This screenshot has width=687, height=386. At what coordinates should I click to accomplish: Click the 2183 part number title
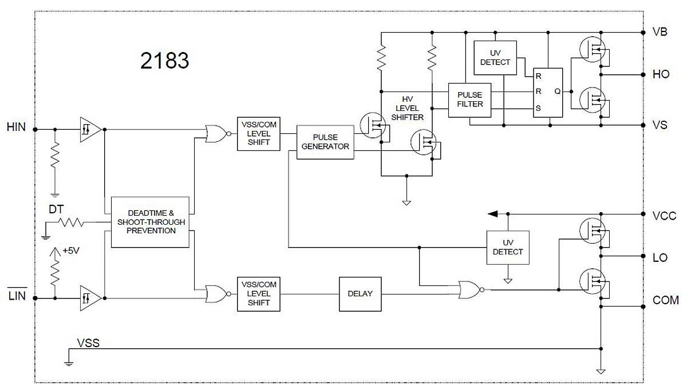[x=164, y=61]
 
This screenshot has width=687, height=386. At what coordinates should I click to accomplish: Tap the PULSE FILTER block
[x=470, y=100]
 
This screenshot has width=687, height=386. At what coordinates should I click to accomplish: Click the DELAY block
[x=360, y=294]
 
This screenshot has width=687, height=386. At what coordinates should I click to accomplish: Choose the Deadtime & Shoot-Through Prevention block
[x=149, y=222]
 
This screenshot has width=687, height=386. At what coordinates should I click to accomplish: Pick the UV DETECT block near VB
[x=495, y=58]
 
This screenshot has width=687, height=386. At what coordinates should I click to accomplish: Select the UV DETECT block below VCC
[x=508, y=248]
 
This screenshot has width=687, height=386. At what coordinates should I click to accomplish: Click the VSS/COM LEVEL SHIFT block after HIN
[x=258, y=134]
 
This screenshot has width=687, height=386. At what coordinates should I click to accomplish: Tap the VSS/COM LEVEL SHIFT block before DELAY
[x=258, y=294]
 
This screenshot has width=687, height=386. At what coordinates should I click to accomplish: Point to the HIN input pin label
[x=16, y=127]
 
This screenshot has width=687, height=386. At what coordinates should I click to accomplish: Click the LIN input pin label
[x=16, y=297]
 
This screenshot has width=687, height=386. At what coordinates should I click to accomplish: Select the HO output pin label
[x=660, y=75]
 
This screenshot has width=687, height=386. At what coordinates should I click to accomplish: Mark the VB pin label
[x=660, y=32]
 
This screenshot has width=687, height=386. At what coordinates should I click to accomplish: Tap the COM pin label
[x=665, y=300]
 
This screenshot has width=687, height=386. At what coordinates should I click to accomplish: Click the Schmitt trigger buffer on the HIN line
[x=90, y=129]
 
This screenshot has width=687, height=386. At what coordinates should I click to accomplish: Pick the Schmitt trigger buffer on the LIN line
[x=90, y=298]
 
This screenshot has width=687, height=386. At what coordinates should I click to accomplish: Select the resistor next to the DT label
[x=72, y=222]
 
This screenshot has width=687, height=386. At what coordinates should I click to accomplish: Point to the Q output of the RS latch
[x=556, y=91]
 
